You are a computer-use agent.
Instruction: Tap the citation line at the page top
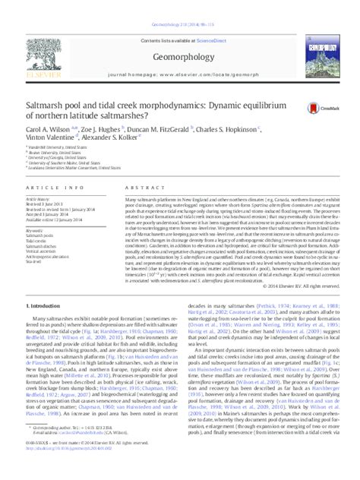(180, 5)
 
